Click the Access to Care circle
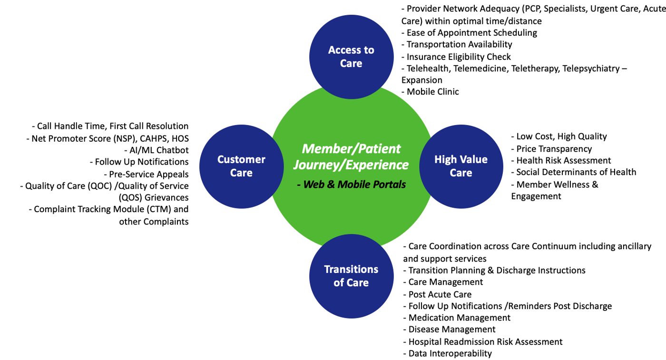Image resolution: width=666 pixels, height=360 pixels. pyautogui.click(x=351, y=57)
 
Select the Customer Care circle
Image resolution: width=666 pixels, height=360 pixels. pyautogui.click(x=241, y=166)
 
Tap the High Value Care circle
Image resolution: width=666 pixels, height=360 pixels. pyautogui.click(x=460, y=166)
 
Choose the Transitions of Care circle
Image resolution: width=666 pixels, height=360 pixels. pyautogui.click(x=351, y=276)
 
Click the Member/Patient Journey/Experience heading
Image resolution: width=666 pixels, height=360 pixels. pyautogui.click(x=351, y=156)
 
